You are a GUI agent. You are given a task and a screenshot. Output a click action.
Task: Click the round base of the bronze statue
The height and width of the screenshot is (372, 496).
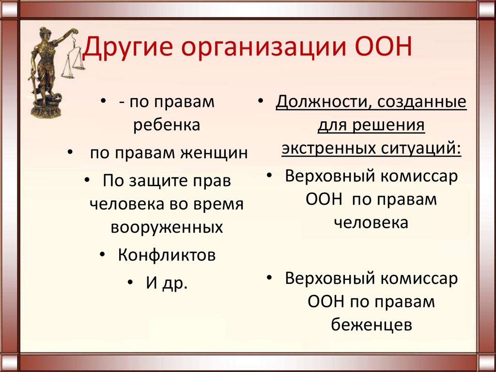click(x=46, y=110)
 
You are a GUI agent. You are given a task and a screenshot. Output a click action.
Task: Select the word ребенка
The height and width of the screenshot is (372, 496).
click(x=167, y=125)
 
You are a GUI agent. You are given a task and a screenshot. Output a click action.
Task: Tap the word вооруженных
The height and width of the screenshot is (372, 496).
click(x=167, y=227)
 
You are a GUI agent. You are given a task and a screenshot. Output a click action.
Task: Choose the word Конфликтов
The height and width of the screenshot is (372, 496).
click(x=167, y=255)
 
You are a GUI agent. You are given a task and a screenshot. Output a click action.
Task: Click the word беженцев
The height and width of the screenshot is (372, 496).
click(x=372, y=324)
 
